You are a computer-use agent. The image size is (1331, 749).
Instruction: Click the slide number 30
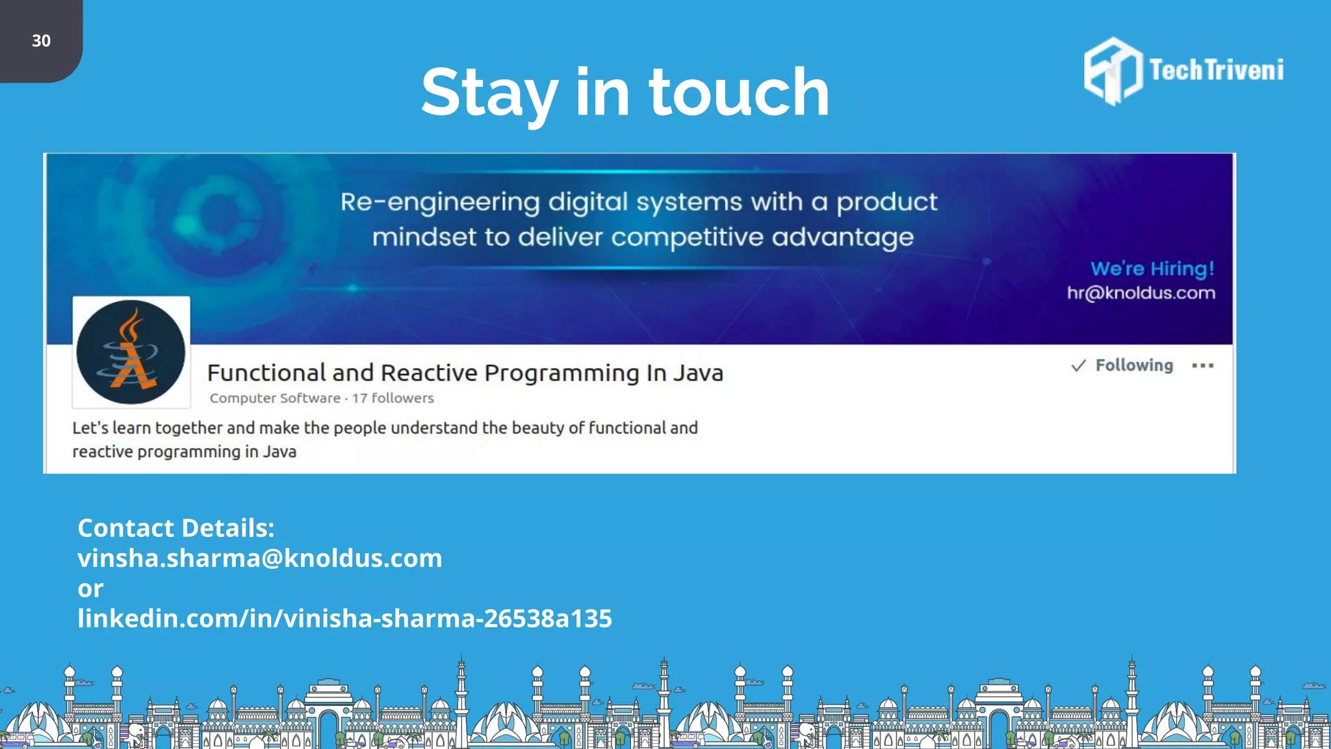[x=41, y=41]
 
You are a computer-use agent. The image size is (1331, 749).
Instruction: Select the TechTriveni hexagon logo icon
[x=1113, y=71]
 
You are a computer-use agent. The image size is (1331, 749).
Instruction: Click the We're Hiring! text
[x=1152, y=269]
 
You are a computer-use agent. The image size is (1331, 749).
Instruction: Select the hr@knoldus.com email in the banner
[x=1141, y=293]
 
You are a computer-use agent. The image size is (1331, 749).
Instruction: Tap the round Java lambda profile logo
[x=131, y=352]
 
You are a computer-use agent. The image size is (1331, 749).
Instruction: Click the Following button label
[x=1134, y=365]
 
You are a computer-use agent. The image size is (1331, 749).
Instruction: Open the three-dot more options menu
[x=1203, y=365]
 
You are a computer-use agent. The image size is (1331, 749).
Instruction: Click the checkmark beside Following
[x=1078, y=365]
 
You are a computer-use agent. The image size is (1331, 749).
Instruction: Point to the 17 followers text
[x=393, y=398]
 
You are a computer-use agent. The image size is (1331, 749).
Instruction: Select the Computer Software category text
[x=275, y=398]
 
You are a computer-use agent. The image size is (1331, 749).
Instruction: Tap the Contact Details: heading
[x=176, y=528]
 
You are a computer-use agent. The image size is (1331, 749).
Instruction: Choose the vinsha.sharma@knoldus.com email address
[x=260, y=558]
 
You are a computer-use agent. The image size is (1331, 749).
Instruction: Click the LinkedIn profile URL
[x=344, y=618]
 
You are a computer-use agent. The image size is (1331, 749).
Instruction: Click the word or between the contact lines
[x=90, y=588]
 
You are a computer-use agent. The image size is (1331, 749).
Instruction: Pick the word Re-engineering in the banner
[x=440, y=202]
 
